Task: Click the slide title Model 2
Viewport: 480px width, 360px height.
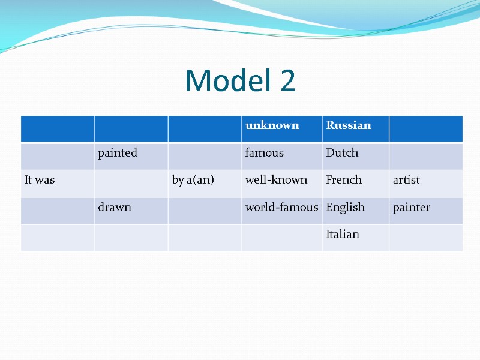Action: (240, 80)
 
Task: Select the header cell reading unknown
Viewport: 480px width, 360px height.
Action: (272, 125)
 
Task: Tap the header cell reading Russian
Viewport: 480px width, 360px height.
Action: (348, 125)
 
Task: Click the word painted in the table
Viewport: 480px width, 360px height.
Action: (118, 153)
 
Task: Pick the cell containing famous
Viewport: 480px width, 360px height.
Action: (264, 153)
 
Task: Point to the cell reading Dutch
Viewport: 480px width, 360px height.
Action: (342, 153)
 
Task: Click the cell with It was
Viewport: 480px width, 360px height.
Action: (40, 180)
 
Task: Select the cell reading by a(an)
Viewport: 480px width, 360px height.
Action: (193, 180)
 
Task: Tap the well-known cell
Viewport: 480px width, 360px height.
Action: (276, 180)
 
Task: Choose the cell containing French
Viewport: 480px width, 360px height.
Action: (344, 180)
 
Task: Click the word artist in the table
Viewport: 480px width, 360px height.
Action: (406, 180)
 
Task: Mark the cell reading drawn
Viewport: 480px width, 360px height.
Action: (115, 208)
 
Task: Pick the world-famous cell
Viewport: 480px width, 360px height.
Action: (281, 208)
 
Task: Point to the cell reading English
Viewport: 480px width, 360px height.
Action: (345, 208)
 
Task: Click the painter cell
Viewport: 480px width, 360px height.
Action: (411, 208)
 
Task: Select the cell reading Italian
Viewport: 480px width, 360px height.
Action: (343, 235)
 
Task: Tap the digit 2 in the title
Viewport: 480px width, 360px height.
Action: (287, 80)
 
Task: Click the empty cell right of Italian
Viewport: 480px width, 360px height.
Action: (425, 238)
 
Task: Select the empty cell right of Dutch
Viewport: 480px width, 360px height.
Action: (425, 156)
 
